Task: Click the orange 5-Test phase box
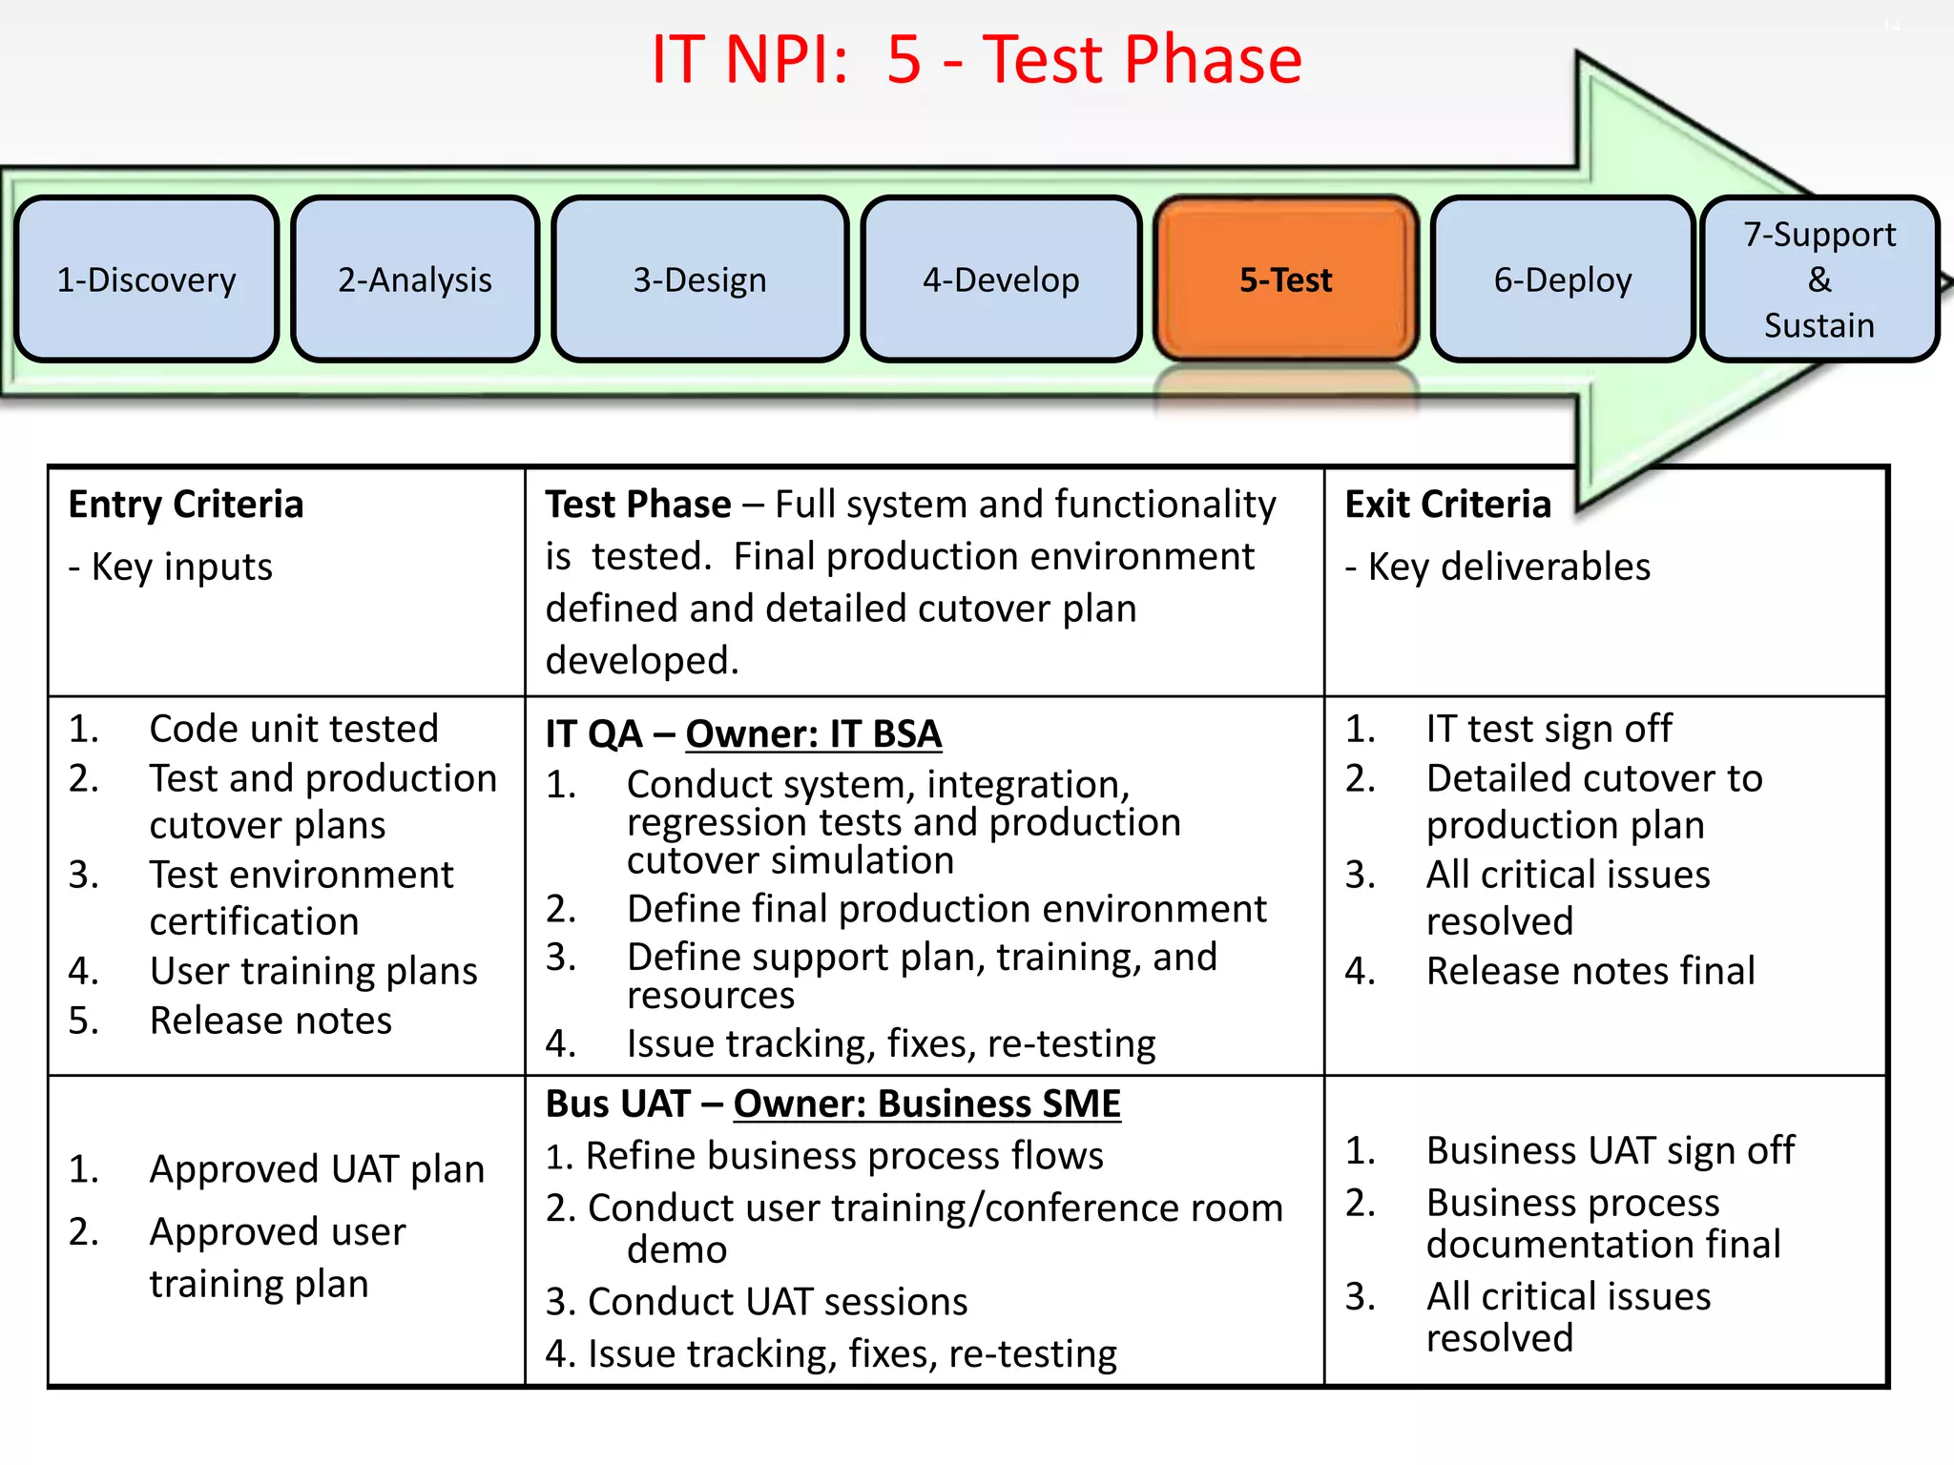pos(1285,279)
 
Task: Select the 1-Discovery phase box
pos(146,279)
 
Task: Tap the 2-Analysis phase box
pos(415,279)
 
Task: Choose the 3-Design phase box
pos(699,279)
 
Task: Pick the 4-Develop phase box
pos(1001,279)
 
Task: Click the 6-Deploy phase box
pos(1562,279)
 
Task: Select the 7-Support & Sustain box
pos(1819,279)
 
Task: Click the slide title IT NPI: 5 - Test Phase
pos(976,59)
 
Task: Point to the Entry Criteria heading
pos(186,505)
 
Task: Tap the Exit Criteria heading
pos(1447,505)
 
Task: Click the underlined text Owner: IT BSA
pos(813,734)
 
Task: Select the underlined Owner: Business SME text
pos(926,1104)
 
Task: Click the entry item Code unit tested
pos(293,729)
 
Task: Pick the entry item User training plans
pos(313,971)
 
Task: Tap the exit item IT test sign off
pos(1548,729)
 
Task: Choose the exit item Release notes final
pos(1590,971)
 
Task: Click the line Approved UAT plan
pos(316,1169)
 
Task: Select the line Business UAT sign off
pos(1610,1150)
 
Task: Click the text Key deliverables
pos(1507,567)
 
